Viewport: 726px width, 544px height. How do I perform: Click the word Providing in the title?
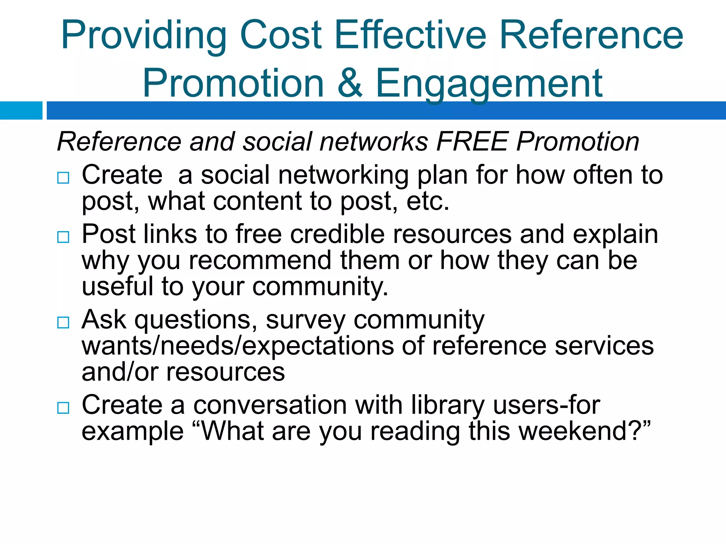144,35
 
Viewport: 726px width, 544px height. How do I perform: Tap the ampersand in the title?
350,83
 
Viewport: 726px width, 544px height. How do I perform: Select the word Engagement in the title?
489,84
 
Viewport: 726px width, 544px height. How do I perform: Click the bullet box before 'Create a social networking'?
63,177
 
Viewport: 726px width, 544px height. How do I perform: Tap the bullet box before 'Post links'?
63,237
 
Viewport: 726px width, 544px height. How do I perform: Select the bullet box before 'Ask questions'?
63,322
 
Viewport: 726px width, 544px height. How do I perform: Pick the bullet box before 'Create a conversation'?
63,408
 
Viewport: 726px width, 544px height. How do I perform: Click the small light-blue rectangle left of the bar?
21,110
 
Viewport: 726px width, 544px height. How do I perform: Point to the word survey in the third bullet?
305,320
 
